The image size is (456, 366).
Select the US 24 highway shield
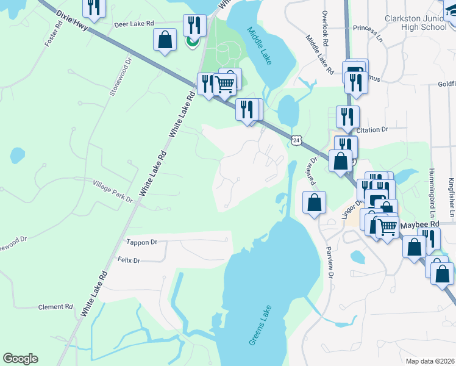pyautogui.click(x=296, y=140)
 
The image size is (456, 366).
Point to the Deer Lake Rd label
pyautogui.click(x=134, y=24)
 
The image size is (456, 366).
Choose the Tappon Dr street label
pyautogui.click(x=141, y=242)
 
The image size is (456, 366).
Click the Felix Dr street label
pyautogui.click(x=129, y=260)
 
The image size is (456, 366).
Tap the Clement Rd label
pyautogui.click(x=55, y=307)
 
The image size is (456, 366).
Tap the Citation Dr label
pyautogui.click(x=372, y=130)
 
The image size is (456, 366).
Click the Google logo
pyautogui.click(x=21, y=359)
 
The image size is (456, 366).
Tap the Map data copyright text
pyautogui.click(x=430, y=361)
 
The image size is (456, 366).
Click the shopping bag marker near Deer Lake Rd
pyautogui.click(x=165, y=40)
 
